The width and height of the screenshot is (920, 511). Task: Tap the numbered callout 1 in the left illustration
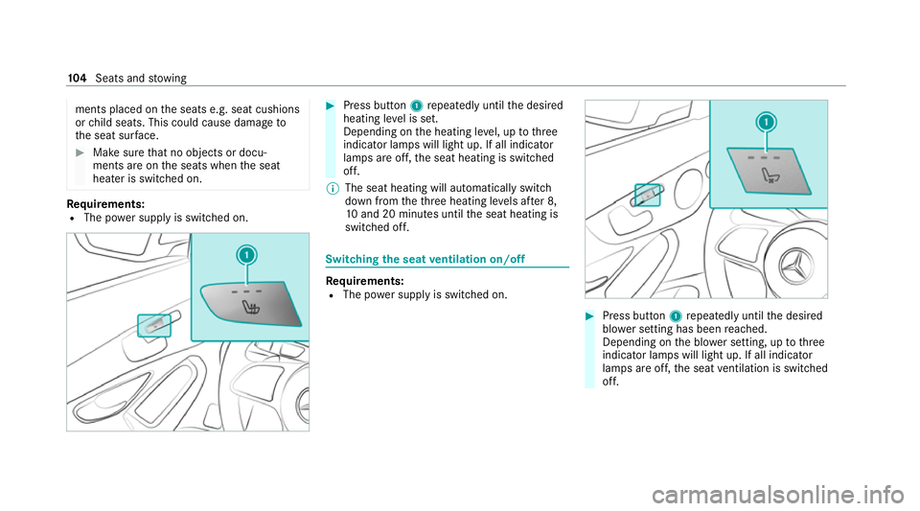coord(247,256)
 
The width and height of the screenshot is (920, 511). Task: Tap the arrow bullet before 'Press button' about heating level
coord(330,105)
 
